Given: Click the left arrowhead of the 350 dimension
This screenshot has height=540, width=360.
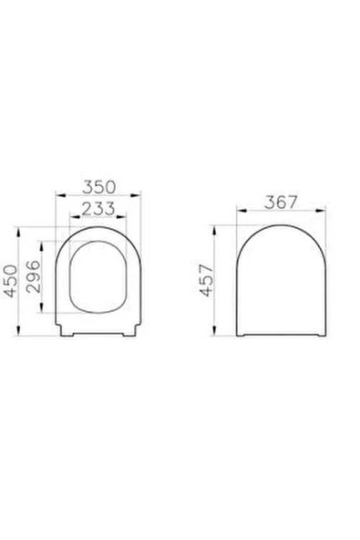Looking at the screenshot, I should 58,196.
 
